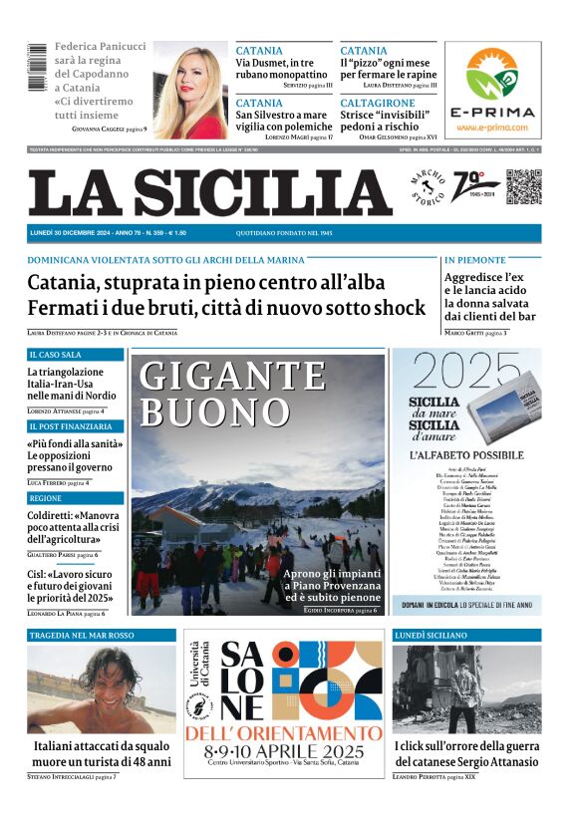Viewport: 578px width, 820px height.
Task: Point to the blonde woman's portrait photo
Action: [189, 91]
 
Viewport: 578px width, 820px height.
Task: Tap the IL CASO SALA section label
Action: [56, 355]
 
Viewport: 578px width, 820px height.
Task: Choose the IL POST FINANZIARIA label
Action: [70, 426]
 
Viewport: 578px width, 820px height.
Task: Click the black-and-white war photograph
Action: [466, 689]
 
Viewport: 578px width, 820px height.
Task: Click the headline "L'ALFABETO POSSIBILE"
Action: [466, 454]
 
